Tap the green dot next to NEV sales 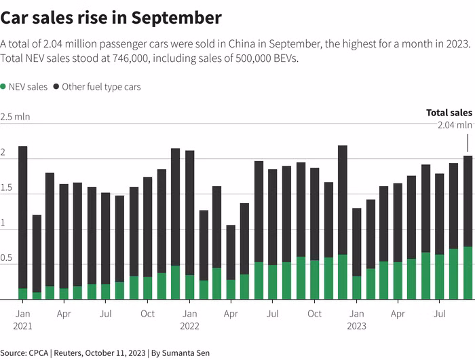pos(3,87)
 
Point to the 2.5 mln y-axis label pos(15,117)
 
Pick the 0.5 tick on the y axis pos(7,258)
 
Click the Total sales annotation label pos(449,113)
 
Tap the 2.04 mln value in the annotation pos(455,125)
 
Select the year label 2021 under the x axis pos(22,326)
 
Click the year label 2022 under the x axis pos(189,326)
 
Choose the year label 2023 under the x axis pos(356,326)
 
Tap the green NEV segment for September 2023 pos(468,272)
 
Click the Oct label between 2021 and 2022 pos(147,314)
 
